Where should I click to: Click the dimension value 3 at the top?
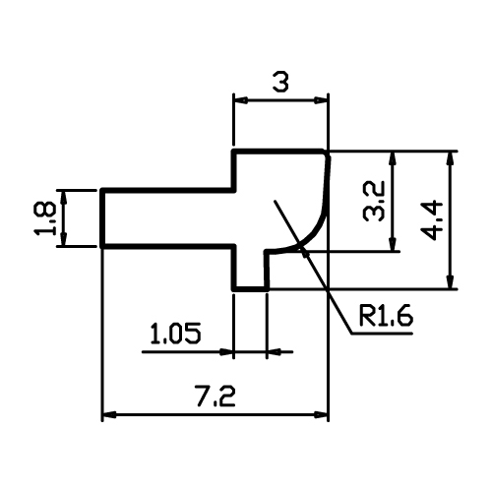click(280, 83)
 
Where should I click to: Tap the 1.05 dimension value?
click(175, 334)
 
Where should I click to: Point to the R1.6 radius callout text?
click(386, 316)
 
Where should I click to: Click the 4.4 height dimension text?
click(432, 220)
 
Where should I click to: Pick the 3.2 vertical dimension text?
click(374, 201)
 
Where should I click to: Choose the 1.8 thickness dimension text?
click(44, 218)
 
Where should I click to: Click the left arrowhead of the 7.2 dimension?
click(109, 415)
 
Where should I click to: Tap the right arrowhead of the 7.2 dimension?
click(321, 415)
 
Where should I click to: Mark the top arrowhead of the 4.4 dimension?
click(451, 158)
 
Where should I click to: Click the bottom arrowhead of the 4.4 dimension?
click(451, 282)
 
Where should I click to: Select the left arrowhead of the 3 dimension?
click(240, 100)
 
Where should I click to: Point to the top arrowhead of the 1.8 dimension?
click(64, 197)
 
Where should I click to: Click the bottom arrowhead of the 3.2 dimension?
click(393, 244)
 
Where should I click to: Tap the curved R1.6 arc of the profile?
click(315, 228)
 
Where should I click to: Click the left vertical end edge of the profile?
click(102, 217)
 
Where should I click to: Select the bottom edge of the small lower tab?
click(251, 289)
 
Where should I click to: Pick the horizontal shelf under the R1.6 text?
click(382, 334)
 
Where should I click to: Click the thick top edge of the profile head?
click(278, 152)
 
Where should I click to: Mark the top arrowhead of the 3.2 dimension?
click(393, 158)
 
